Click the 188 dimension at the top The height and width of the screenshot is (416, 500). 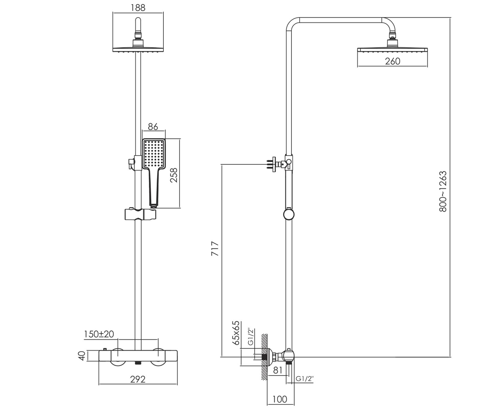pos(138,7)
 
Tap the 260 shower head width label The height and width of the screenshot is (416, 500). pos(392,61)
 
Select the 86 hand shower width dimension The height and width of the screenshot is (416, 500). pos(153,126)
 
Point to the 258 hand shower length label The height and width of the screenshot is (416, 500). pos(174,175)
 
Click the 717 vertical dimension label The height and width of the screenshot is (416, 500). pos(215,249)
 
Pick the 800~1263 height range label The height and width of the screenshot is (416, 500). pos(443,191)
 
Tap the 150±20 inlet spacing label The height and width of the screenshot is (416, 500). pos(99,334)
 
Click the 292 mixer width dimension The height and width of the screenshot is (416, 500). pos(137,379)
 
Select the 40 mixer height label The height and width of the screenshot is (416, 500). pos(82,356)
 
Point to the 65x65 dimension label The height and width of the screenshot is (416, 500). pos(236,333)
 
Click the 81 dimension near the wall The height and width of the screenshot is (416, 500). pos(278,370)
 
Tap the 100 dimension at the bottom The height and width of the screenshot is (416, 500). pos(280,399)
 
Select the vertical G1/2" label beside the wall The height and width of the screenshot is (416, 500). pos(251,337)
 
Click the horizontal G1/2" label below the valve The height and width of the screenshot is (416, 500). pos(305,379)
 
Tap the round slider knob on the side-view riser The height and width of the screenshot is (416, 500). pos(289,214)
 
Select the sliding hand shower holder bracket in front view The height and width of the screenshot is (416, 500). pos(140,214)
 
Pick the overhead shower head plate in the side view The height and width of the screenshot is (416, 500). pos(392,50)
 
